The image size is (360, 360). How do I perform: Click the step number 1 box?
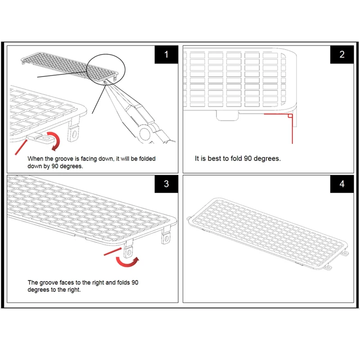click(166, 54)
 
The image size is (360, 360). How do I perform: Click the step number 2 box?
click(342, 54)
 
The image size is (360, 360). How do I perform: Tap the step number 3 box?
click(166, 184)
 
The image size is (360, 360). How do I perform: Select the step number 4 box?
click(342, 184)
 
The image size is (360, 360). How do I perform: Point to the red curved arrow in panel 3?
click(127, 260)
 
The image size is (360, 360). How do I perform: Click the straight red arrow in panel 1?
click(22, 146)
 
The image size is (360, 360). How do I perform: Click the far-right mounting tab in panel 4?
click(346, 253)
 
